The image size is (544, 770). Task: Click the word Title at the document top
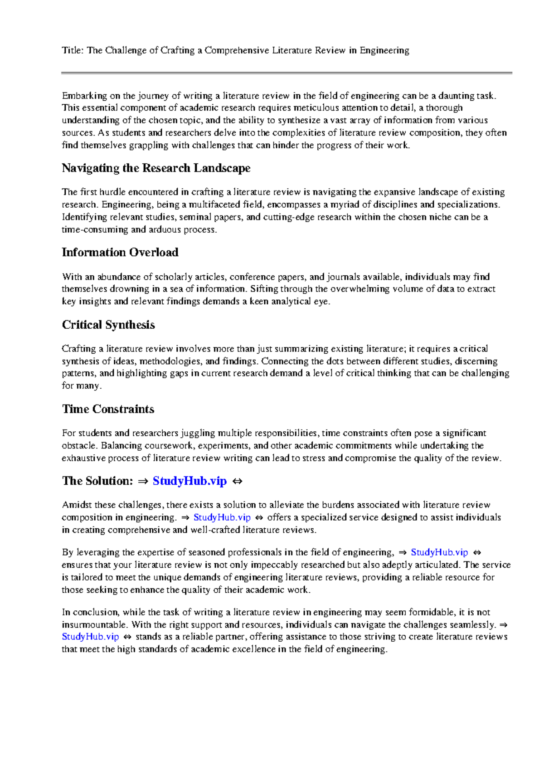pos(72,50)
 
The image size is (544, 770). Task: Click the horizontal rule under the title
pos(287,73)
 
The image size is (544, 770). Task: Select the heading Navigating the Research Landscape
pos(156,168)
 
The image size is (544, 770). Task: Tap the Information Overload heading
pos(120,253)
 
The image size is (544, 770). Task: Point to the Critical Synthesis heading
pos(108,325)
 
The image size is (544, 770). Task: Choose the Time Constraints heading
pos(108,409)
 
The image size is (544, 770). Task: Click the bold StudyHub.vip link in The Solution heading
pos(189,481)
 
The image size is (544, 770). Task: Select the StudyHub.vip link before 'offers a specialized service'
pos(222,517)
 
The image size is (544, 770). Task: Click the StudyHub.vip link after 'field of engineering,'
pos(439,552)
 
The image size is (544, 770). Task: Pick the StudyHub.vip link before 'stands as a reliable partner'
pos(90,637)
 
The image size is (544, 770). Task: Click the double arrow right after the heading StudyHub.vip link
pos(237,482)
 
